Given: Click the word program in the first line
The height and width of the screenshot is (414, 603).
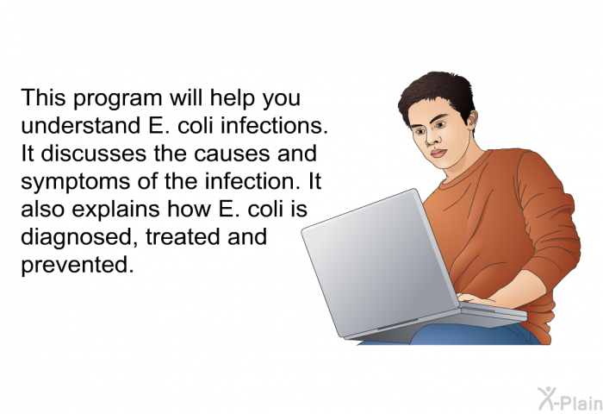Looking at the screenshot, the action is pyautogui.click(x=117, y=99).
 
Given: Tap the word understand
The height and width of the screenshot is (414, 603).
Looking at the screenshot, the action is pyautogui.click(x=80, y=125).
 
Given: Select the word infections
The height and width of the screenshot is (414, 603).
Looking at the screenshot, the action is pyautogui.click(x=274, y=125).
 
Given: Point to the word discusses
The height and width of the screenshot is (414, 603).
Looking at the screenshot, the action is pyautogui.click(x=93, y=153).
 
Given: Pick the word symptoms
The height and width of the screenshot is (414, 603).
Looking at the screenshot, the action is pyautogui.click(x=76, y=182).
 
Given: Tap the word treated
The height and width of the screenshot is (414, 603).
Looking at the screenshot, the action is pyautogui.click(x=183, y=237).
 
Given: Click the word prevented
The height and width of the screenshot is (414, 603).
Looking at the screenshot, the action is pyautogui.click(x=78, y=265).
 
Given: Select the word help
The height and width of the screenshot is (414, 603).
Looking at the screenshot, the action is pyautogui.click(x=232, y=98).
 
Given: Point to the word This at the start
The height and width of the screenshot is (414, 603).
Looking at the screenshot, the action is pyautogui.click(x=43, y=97).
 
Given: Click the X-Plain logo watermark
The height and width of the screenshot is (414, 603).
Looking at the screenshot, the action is pyautogui.click(x=570, y=398).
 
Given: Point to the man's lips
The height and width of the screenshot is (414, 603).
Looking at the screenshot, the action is pyautogui.click(x=438, y=154).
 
